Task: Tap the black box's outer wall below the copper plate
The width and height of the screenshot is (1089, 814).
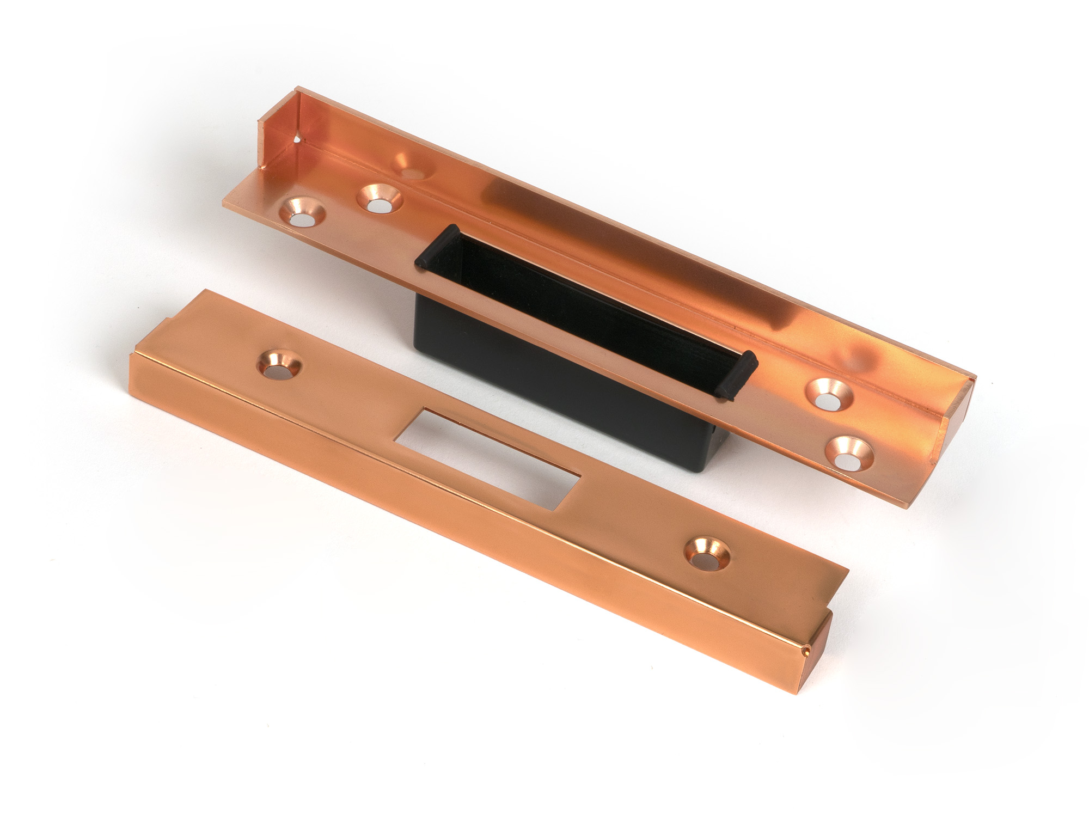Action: point(544,381)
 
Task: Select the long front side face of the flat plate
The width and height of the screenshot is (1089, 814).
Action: point(436,544)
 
